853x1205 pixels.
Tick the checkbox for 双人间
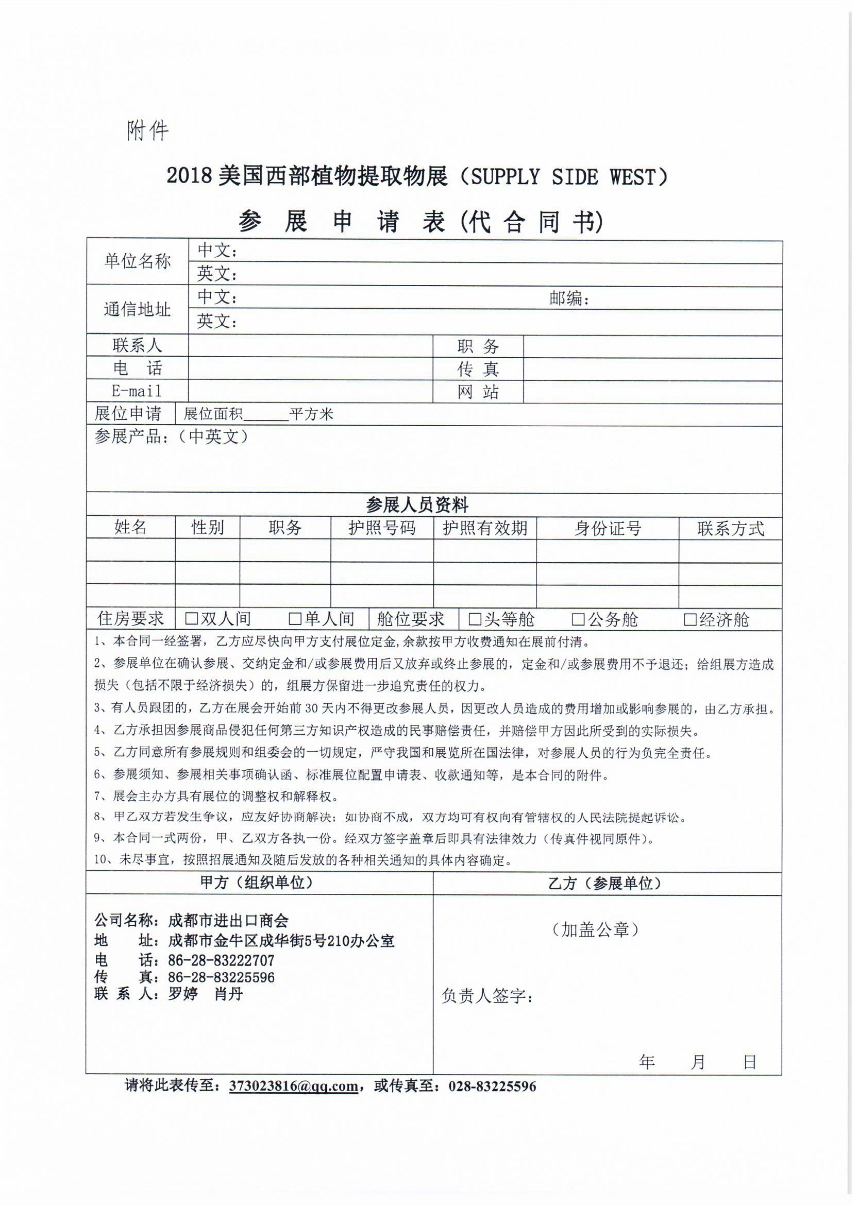point(191,619)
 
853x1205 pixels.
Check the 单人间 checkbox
point(295,619)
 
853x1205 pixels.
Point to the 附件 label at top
point(148,130)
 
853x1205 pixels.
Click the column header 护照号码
point(382,528)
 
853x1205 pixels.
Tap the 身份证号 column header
point(607,529)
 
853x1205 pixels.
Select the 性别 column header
point(207,527)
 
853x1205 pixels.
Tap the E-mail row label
point(137,391)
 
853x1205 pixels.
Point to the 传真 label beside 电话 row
point(478,369)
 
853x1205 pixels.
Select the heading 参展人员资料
point(417,505)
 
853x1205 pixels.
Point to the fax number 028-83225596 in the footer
point(492,1086)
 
